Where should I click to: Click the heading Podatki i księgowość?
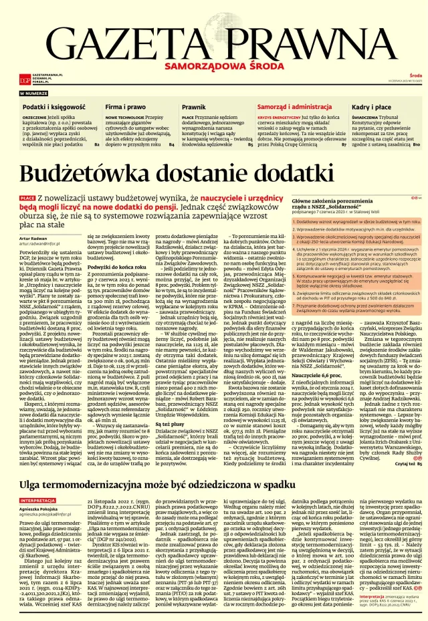click(x=49, y=107)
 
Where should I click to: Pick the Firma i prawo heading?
click(x=125, y=107)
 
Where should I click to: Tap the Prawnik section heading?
click(x=194, y=107)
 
